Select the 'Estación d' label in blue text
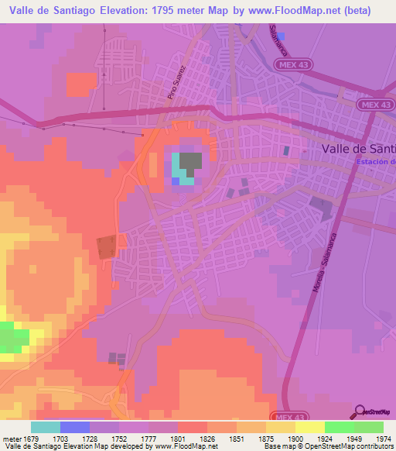(x=377, y=161)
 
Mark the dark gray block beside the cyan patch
(x=192, y=162)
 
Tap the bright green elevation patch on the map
(x=14, y=339)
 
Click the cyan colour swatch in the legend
(x=46, y=427)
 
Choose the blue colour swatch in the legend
(x=75, y=427)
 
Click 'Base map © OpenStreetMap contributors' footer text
(x=327, y=446)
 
